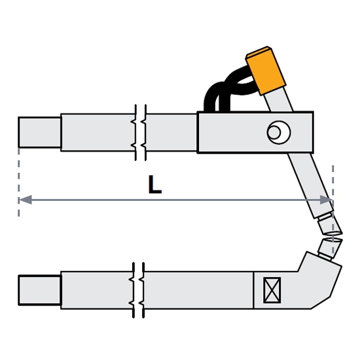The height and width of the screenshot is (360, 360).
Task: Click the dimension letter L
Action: pos(155,185)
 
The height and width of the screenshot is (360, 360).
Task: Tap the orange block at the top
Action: pos(266,70)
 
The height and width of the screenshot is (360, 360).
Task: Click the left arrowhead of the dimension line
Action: pos(26,200)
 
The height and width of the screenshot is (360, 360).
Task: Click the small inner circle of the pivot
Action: pos(274,132)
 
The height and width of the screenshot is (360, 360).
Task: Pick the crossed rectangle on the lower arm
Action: pos(272,290)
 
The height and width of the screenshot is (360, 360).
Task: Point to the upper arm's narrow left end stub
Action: pos(39,132)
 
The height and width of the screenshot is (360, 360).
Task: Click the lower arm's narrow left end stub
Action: pos(39,290)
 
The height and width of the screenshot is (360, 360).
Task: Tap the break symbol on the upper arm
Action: pos(141,132)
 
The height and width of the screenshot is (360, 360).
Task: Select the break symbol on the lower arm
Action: pos(139,290)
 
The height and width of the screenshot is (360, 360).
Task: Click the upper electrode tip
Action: pos(331,226)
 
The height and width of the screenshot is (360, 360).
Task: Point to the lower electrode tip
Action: pos(330,249)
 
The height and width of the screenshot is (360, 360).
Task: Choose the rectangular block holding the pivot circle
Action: pos(255,132)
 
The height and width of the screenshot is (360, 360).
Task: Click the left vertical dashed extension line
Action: pos(18,182)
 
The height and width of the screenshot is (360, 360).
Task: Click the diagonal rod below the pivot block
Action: pos(310,185)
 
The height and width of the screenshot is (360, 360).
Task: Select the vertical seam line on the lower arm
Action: pos(253,290)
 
